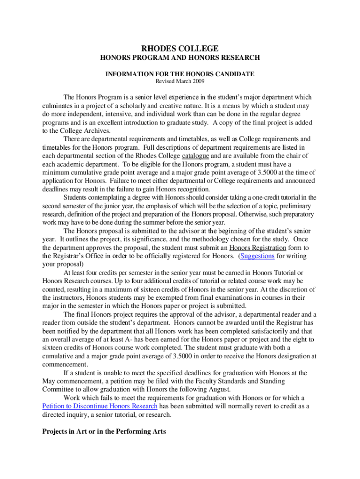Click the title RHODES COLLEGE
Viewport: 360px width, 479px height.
point(180,48)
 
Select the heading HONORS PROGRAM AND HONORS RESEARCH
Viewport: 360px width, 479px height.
point(180,58)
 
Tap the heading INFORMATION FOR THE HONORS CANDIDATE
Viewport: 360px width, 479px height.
point(180,74)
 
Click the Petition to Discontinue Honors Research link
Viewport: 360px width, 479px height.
point(100,406)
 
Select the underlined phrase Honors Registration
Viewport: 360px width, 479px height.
point(258,247)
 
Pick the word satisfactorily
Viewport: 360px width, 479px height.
point(264,331)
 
